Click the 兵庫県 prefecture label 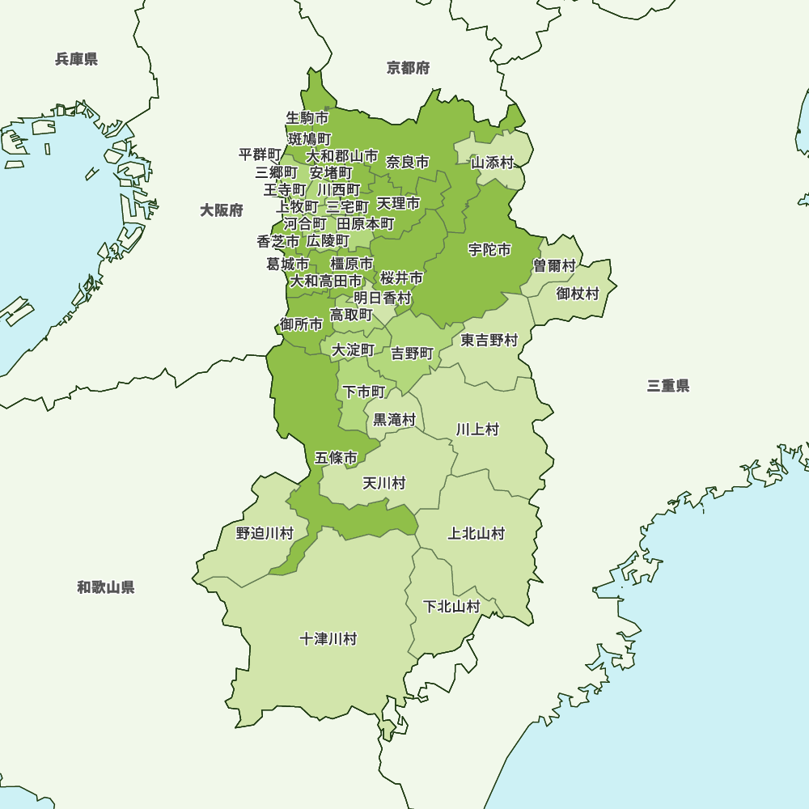(77, 59)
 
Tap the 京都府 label (409, 68)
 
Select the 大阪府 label (222, 210)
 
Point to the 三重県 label (668, 386)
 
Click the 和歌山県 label (106, 587)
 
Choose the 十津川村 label (328, 639)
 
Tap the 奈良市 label (408, 162)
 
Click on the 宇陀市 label (490, 250)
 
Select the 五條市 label (337, 458)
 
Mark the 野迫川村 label (265, 534)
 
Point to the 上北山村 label (477, 534)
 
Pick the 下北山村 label (452, 607)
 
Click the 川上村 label (477, 430)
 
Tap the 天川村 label (383, 484)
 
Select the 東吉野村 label (489, 341)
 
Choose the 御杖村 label (578, 294)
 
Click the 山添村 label (493, 163)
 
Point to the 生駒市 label (307, 118)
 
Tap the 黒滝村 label (394, 420)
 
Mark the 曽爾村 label (555, 266)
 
